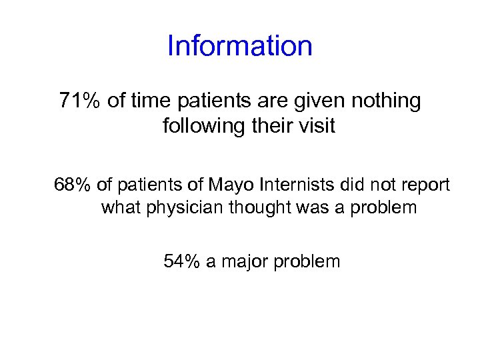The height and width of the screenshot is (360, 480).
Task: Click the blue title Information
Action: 240,46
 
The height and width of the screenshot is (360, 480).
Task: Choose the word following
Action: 203,126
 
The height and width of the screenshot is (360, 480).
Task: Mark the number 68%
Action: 73,185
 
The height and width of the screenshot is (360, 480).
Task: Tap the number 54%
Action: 182,261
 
